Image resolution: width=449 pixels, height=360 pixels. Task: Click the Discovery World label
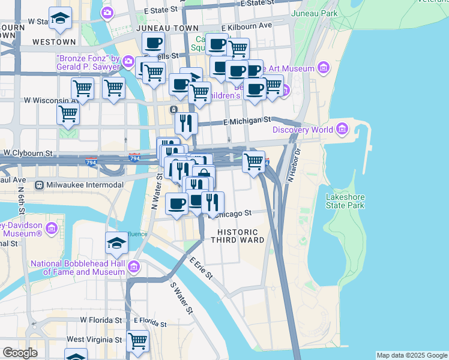pyautogui.click(x=302, y=130)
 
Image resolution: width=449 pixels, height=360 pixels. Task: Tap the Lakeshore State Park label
pyautogui.click(x=345, y=201)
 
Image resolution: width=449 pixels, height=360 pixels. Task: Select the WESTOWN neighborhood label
pyautogui.click(x=54, y=42)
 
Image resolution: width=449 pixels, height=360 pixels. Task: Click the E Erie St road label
pyautogui.click(x=200, y=268)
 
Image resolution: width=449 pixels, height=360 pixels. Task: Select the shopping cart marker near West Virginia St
pyautogui.click(x=138, y=341)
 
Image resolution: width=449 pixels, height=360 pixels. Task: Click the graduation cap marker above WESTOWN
pyautogui.click(x=60, y=19)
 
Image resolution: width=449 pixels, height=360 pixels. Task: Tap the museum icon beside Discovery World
pyautogui.click(x=343, y=128)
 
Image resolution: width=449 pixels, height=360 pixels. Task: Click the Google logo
pyautogui.click(x=20, y=353)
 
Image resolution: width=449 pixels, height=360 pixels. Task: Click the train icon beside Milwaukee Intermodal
pyautogui.click(x=40, y=185)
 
